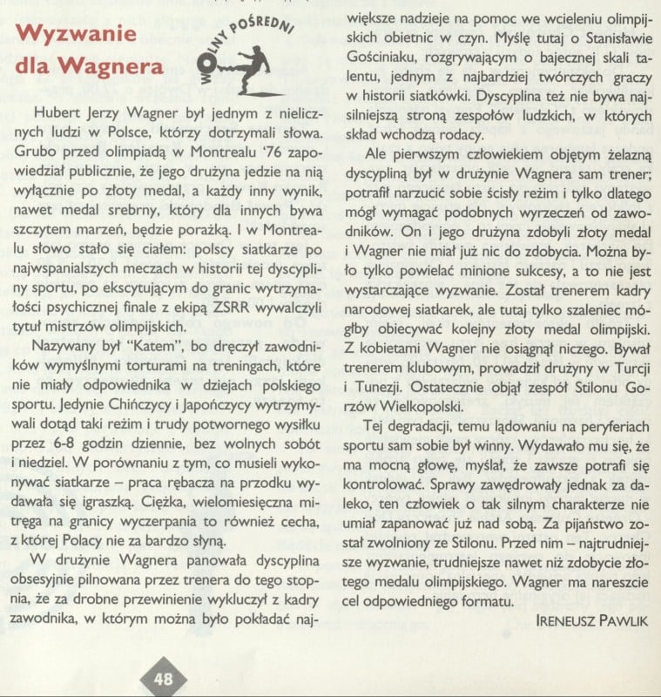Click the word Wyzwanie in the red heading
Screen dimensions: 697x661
click(76, 35)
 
